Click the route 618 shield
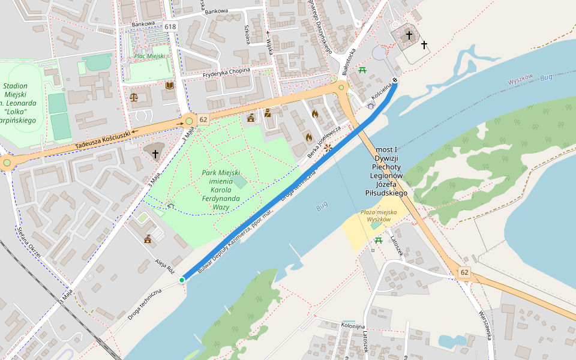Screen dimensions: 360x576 [x=170, y=26]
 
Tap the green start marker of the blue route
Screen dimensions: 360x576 [x=182, y=280]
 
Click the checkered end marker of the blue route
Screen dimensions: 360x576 [x=395, y=81]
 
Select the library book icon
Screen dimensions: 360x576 [x=170, y=86]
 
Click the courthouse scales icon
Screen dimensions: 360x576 [x=133, y=97]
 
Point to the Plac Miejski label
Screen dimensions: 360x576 [x=149, y=56]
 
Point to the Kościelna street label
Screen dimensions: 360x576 [x=382, y=94]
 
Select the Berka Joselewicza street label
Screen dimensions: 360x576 [x=324, y=142]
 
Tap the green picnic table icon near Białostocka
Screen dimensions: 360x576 [x=362, y=71]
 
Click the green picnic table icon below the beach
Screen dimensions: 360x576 [x=379, y=241]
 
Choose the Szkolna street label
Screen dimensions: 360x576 [x=247, y=34]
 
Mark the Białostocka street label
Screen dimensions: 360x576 [x=349, y=62]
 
